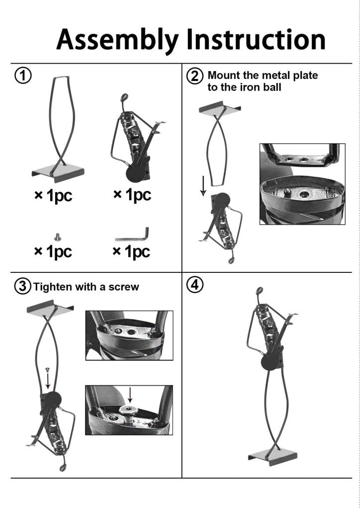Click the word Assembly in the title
(x=117, y=40)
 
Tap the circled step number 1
(x=23, y=76)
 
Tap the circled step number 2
(x=195, y=76)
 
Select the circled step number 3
(x=23, y=287)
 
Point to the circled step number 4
(x=195, y=285)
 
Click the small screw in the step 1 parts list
(x=58, y=237)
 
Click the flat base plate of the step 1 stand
(x=58, y=172)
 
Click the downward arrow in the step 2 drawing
(x=203, y=186)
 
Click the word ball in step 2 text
(x=272, y=87)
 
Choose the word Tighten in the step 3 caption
(x=53, y=287)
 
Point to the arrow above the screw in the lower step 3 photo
(x=130, y=395)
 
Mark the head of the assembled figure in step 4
(x=259, y=291)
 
